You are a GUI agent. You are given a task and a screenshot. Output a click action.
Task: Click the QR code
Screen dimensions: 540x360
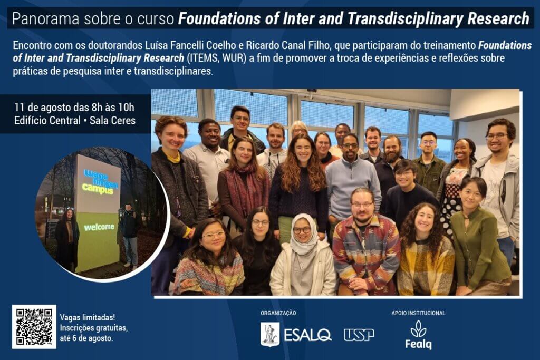34,327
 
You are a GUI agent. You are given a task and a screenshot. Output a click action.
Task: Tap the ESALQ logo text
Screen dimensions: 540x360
307,335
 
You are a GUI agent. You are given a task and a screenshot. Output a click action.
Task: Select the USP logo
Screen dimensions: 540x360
359,335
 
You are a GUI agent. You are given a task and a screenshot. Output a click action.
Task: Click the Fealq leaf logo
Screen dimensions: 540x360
418,335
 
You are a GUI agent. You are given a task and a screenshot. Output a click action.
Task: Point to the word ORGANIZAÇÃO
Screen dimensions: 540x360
278,313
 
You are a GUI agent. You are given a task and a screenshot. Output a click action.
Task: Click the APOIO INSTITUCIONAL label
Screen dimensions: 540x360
418,313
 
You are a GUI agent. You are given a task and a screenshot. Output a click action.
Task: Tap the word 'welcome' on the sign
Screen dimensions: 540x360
99,227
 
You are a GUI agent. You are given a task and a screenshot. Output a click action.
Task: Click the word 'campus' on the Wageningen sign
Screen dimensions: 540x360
98,189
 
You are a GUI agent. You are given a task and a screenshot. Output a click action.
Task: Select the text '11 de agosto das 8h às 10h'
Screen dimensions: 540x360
74,108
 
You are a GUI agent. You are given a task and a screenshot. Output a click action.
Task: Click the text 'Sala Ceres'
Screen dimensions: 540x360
112,121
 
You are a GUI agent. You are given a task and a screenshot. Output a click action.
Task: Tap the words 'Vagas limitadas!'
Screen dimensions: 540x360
88,317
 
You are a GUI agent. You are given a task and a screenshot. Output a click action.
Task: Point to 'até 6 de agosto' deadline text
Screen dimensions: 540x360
86,338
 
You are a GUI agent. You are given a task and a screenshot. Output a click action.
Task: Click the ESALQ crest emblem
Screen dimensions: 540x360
270,334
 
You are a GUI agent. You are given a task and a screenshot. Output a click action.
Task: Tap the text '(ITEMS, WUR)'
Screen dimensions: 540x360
217,58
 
